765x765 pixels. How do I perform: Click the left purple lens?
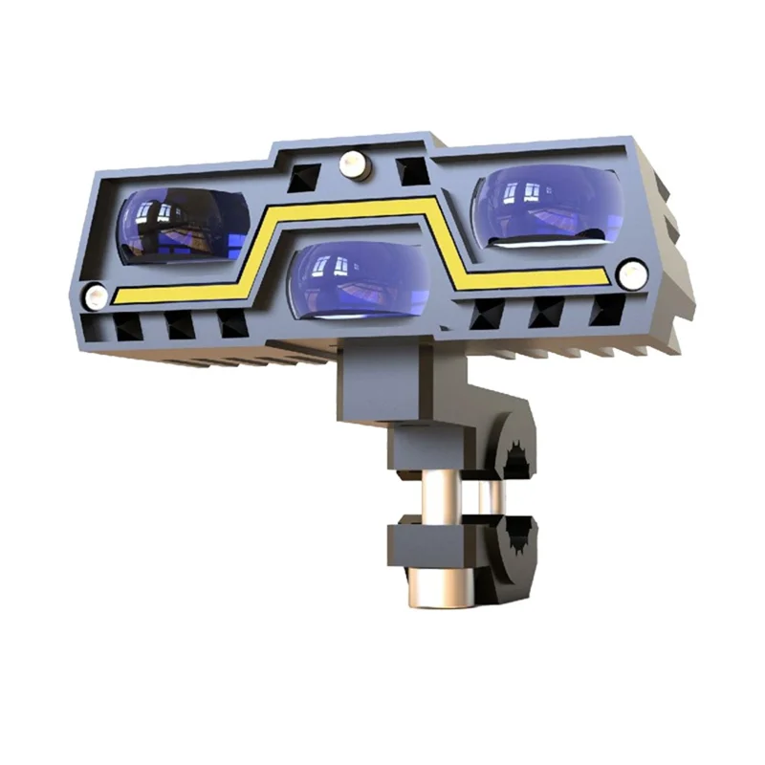[182, 226]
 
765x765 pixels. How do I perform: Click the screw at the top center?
[352, 165]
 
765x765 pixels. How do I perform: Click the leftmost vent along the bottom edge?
[127, 327]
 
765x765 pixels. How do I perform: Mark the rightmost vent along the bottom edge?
[606, 309]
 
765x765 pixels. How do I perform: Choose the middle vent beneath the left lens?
[179, 325]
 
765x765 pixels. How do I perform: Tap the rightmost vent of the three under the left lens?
[231, 323]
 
